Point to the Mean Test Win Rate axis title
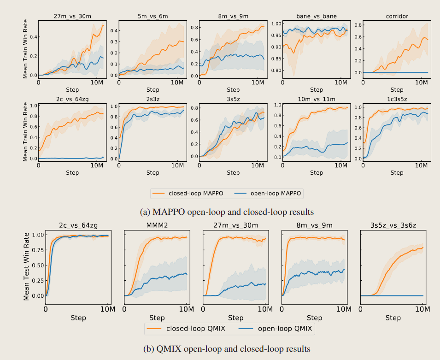(27, 265)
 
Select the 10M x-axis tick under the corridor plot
(421, 82)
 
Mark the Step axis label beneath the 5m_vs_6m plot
(153, 89)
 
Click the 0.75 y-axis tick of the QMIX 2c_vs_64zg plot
(37, 250)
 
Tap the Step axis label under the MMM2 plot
(157, 318)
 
